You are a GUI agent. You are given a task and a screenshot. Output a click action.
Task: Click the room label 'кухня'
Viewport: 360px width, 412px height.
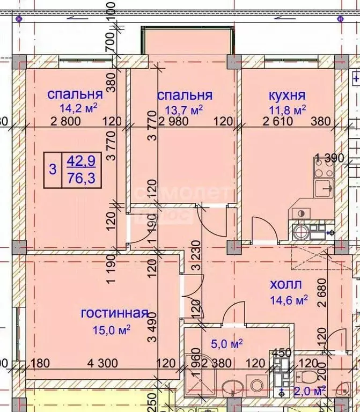click(x=286, y=95)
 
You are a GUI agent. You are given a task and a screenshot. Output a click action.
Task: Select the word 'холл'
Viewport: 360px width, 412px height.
click(x=285, y=284)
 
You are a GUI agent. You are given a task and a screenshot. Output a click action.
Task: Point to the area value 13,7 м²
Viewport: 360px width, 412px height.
click(x=184, y=109)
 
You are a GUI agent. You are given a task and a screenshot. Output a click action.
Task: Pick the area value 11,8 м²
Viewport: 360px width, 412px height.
click(x=287, y=109)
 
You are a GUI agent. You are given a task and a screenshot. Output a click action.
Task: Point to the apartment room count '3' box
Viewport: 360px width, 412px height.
click(x=52, y=170)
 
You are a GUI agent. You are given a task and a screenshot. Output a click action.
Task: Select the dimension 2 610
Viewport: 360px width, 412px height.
click(x=278, y=121)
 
